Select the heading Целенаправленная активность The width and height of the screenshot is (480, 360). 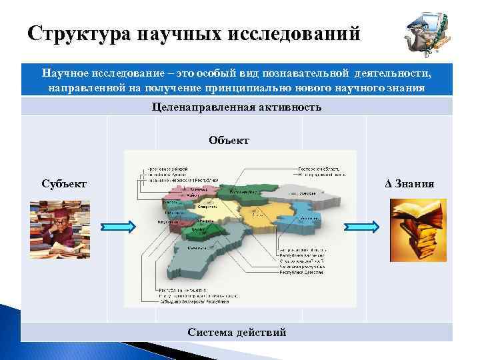[x=237, y=107]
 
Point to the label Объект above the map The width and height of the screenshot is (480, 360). [x=229, y=140]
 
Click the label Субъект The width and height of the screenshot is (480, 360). [x=63, y=183]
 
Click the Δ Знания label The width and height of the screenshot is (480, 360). [x=410, y=183]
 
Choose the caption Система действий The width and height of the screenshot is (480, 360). [x=237, y=332]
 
